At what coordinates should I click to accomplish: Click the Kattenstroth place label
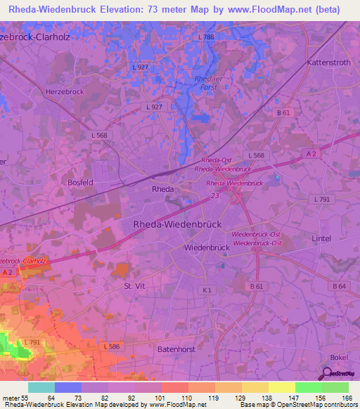coord(329,63)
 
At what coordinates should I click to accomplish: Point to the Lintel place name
coord(321,239)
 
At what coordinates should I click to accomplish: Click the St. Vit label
coord(134,287)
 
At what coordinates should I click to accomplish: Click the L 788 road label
coord(206,36)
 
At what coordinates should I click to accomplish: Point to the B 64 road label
coord(339,286)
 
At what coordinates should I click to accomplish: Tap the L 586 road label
coord(112,346)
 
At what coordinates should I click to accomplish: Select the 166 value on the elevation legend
coord(347,398)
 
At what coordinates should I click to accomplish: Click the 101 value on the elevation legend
coord(160,398)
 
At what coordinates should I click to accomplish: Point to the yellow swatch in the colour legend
coord(281,387)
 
